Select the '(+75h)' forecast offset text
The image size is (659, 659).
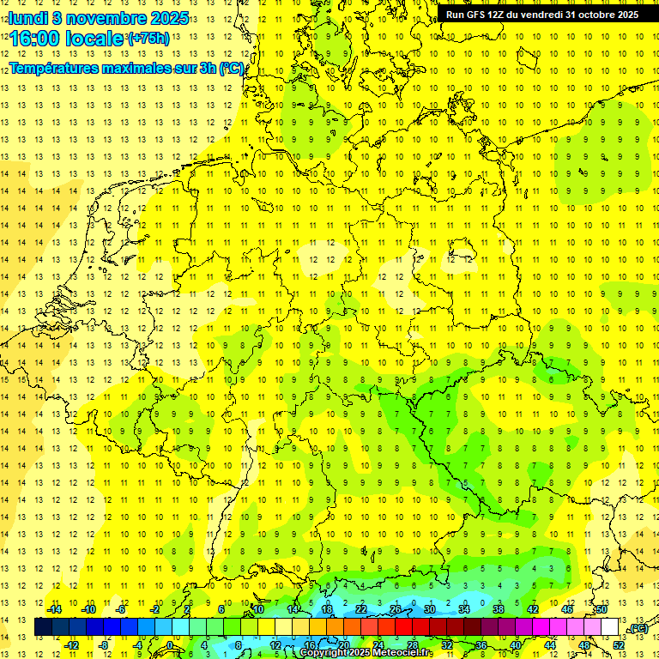tap(148, 38)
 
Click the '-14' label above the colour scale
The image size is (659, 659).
tap(54, 610)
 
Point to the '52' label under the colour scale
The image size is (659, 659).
tap(619, 645)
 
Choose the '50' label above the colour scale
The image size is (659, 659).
tap(602, 610)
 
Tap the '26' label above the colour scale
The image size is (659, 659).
tap(396, 610)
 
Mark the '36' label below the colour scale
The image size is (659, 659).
tap(481, 645)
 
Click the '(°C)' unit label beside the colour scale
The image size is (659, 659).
tap(637, 628)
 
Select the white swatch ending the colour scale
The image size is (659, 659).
tap(610, 627)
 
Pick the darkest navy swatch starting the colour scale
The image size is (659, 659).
tap(43, 627)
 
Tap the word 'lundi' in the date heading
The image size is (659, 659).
tap(27, 17)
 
